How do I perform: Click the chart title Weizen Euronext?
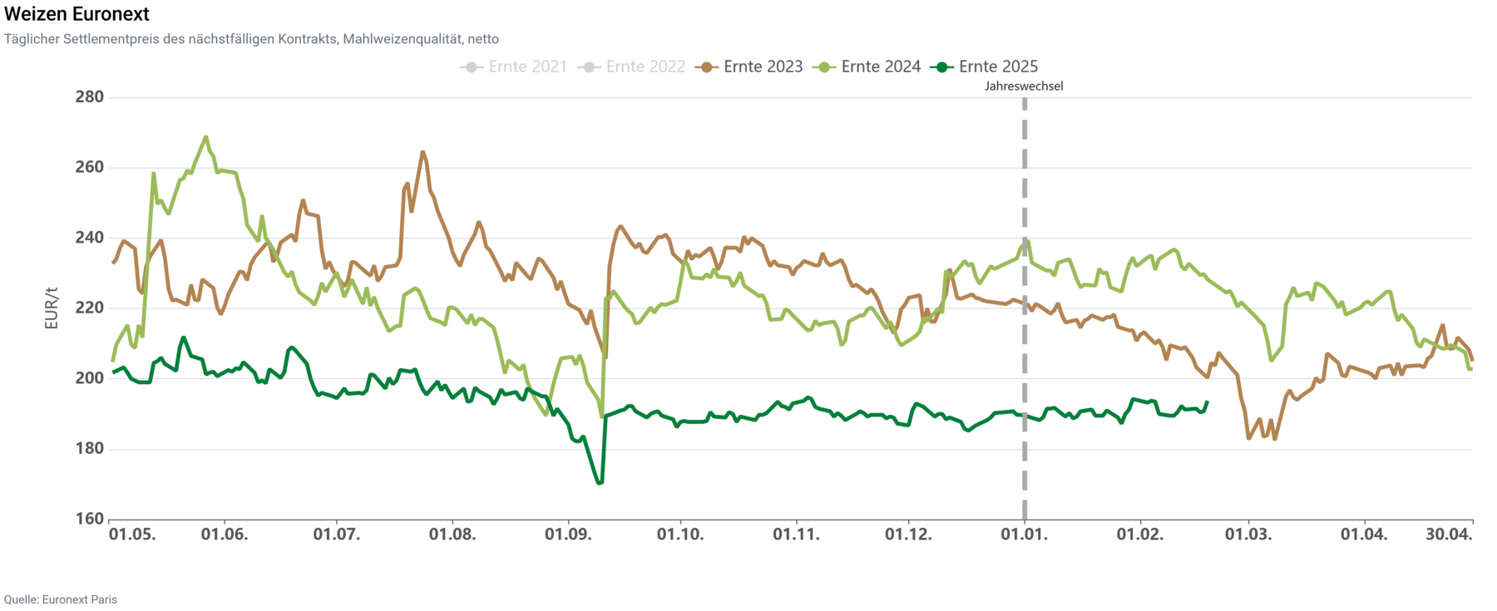click(77, 14)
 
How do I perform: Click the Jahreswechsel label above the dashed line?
click(1024, 86)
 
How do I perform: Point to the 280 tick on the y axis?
click(89, 97)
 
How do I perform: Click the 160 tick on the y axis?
click(89, 520)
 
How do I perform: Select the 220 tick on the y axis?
click(89, 308)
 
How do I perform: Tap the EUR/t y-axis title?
click(52, 308)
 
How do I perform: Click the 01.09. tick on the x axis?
click(568, 535)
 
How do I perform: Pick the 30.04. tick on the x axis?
click(1449, 535)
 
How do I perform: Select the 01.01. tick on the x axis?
click(1024, 535)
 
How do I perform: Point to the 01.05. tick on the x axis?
click(132, 535)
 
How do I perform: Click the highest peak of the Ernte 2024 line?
click(205, 137)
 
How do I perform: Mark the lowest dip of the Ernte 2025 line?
click(600, 483)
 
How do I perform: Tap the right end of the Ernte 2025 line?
click(1207, 402)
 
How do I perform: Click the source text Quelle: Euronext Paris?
click(61, 599)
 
